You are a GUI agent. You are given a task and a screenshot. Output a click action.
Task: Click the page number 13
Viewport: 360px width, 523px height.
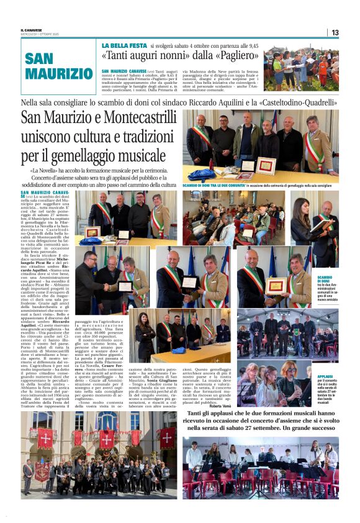pos(335,32)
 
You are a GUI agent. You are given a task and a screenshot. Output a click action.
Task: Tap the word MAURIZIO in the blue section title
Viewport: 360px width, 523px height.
pos(59,73)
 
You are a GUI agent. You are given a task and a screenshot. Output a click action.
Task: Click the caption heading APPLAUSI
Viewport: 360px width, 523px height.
pos(326,359)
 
